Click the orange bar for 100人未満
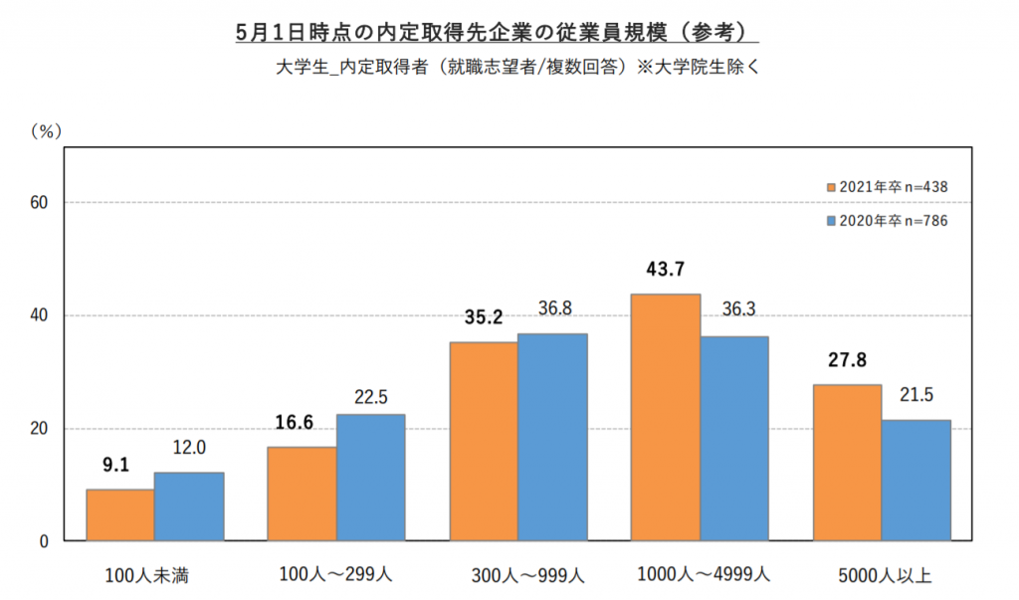click(119, 515)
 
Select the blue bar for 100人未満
click(189, 507)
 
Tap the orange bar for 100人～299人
click(302, 495)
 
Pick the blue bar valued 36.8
click(552, 438)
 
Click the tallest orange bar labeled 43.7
click(666, 418)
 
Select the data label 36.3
click(737, 310)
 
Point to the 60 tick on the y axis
click(40, 203)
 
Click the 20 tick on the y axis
click(40, 429)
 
